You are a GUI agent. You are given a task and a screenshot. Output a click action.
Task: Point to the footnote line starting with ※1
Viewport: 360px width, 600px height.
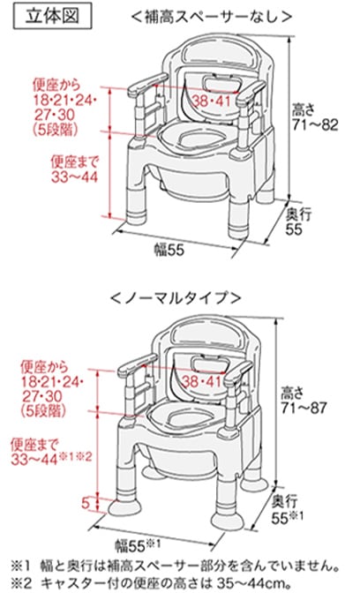point(180,564)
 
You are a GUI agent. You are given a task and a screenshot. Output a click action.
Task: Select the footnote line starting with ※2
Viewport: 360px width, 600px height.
point(180,583)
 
